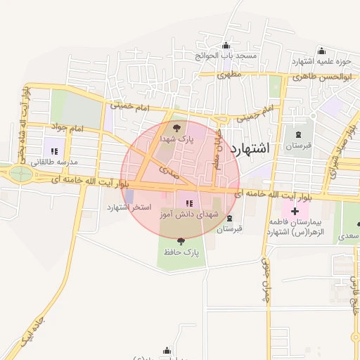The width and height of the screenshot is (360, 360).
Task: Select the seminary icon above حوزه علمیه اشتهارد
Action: coord(321,51)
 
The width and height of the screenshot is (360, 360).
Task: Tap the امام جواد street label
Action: coord(67,128)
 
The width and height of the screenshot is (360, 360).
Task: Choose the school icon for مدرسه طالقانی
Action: coord(53,150)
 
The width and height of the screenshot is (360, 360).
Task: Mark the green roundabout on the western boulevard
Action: coord(20,174)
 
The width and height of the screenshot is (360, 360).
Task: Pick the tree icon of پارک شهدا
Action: coord(176,129)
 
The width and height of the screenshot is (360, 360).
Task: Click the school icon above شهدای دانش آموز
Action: coord(188,203)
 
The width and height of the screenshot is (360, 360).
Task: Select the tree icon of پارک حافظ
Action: coord(181,240)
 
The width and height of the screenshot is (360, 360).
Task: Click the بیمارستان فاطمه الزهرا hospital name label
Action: coord(298,226)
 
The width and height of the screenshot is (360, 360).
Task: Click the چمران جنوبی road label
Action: coord(266,278)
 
